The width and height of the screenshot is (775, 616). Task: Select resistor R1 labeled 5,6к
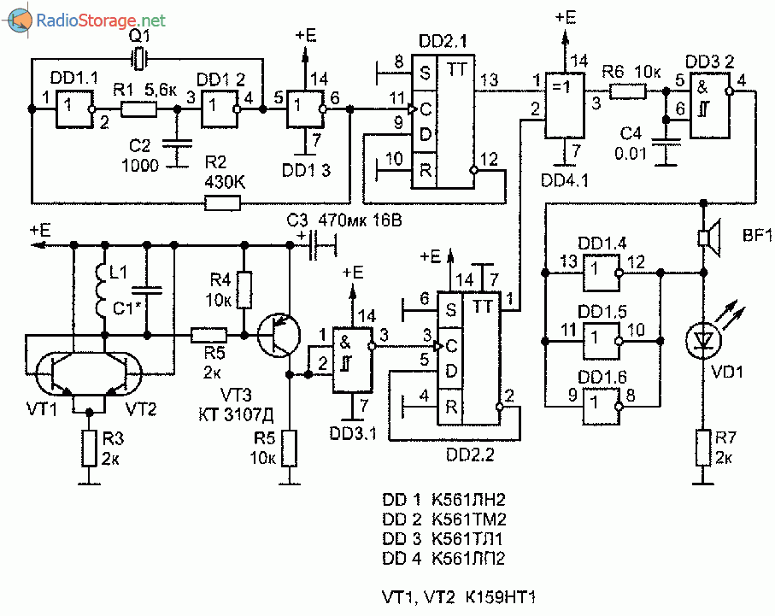point(138,109)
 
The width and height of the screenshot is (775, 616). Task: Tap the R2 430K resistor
point(222,202)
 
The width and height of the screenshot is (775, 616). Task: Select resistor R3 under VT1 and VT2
point(88,447)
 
